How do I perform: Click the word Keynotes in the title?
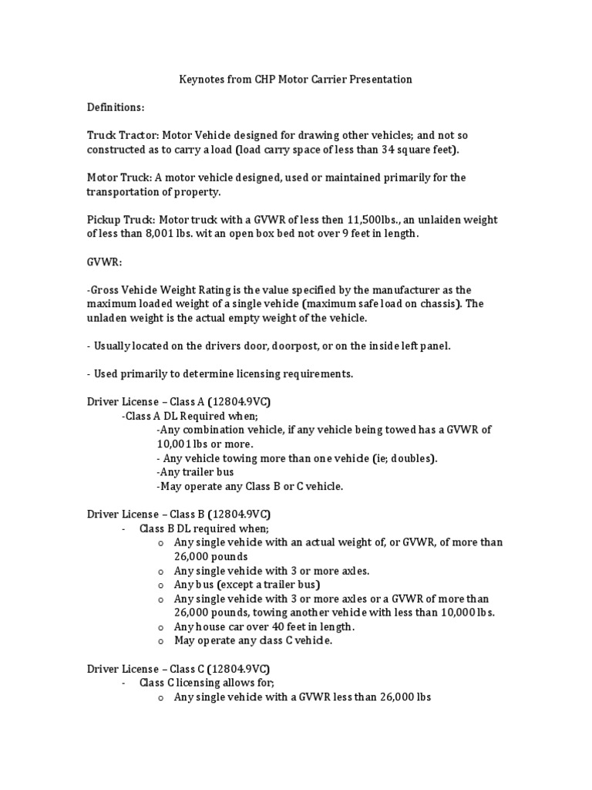[202, 79]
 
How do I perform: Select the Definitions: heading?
[115, 107]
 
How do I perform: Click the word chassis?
[442, 303]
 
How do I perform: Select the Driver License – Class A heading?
[178, 402]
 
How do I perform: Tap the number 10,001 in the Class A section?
[173, 444]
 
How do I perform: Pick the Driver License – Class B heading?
[178, 514]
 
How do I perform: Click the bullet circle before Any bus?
[160, 585]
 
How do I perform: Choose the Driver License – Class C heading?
[178, 669]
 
